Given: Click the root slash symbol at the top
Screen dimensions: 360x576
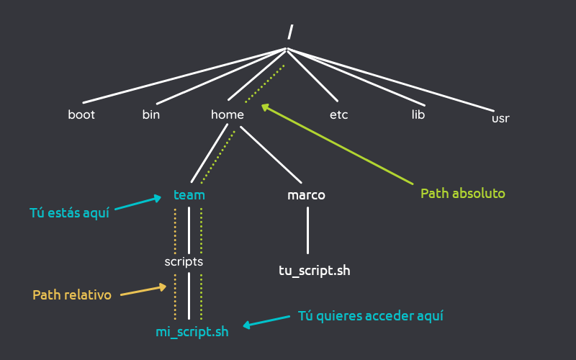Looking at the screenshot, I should [290, 32].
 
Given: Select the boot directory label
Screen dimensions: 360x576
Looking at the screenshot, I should [81, 114].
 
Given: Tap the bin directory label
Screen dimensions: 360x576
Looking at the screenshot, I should [151, 114].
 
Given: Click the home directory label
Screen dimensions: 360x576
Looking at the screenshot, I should [228, 114].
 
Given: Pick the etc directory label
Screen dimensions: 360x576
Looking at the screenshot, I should [339, 114].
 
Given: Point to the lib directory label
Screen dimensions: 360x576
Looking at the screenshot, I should [418, 114].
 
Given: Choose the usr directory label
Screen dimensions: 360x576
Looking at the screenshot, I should [500, 118].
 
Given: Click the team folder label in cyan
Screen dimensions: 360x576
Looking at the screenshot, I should [189, 195].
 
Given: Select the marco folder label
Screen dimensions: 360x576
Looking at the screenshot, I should [307, 195].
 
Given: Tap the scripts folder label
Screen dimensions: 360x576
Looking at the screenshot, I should [184, 261].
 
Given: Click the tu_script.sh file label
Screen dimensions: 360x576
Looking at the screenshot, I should [315, 271].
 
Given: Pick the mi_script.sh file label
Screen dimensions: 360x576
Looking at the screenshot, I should [192, 332].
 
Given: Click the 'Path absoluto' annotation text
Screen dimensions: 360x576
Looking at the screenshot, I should [462, 194].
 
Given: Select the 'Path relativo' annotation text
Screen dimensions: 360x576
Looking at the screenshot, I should [72, 295].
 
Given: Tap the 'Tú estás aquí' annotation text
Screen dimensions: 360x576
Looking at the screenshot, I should [69, 212].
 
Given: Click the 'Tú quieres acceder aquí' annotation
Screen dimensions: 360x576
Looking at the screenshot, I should [371, 316].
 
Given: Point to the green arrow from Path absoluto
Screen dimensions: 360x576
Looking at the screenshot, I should [338, 143].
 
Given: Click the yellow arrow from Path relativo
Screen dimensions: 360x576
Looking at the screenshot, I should [143, 290].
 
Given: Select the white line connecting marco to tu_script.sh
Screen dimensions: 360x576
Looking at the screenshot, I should [307, 230].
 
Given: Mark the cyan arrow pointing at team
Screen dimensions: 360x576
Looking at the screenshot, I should [137, 203].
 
